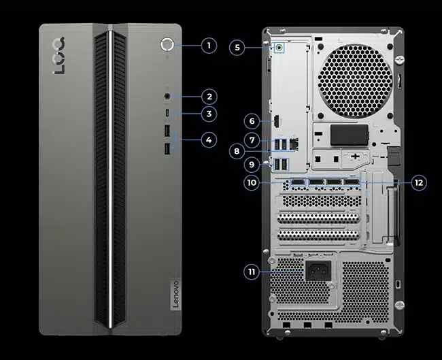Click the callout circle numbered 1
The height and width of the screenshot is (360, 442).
point(209,46)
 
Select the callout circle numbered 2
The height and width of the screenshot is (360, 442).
point(209,97)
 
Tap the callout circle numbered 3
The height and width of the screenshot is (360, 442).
point(209,114)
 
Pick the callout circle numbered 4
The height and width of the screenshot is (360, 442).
point(209,140)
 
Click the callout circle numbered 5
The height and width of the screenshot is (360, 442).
point(237,47)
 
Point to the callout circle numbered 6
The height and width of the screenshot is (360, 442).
point(252,121)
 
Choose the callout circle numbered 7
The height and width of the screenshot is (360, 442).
point(252,140)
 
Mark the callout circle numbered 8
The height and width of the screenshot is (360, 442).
point(237,151)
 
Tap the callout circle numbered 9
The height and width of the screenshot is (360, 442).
point(252,164)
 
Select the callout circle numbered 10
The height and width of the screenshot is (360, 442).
point(252,182)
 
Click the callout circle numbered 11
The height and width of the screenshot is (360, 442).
point(252,272)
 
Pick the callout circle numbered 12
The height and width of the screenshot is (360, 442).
point(419,182)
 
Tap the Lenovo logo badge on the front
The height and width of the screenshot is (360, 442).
point(173,294)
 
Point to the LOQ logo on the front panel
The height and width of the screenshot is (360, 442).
point(60,56)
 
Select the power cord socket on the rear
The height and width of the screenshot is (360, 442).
point(317,271)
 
